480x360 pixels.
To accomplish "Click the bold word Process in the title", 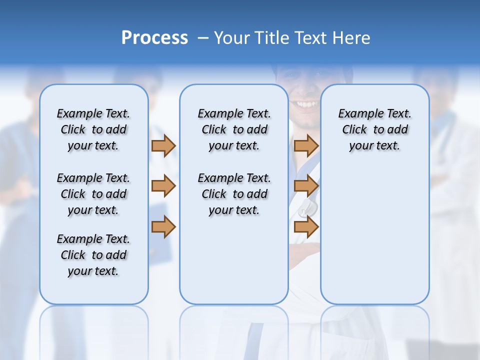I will pos(154,38).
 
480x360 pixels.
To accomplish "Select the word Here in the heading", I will pos(352,38).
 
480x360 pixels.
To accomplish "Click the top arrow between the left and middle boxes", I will pos(163,145).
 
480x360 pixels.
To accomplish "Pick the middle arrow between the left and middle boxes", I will pos(163,186).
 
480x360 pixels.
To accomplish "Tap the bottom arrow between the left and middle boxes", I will pos(163,226).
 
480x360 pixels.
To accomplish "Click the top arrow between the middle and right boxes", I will pos(306,145).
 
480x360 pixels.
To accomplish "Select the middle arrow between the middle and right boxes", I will pos(306,186).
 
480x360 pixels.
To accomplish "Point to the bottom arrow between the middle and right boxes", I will pos(306,226).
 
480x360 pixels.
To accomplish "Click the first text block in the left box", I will pos(93,129).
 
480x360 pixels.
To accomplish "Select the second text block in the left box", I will pos(93,194).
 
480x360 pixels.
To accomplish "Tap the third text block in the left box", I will pos(93,255).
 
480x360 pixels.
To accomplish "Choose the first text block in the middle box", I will pos(234,129).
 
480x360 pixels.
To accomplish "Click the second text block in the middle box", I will pos(234,194).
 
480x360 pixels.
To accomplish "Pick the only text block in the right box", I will pos(374,129).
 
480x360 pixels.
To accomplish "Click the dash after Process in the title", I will pos(202,38).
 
